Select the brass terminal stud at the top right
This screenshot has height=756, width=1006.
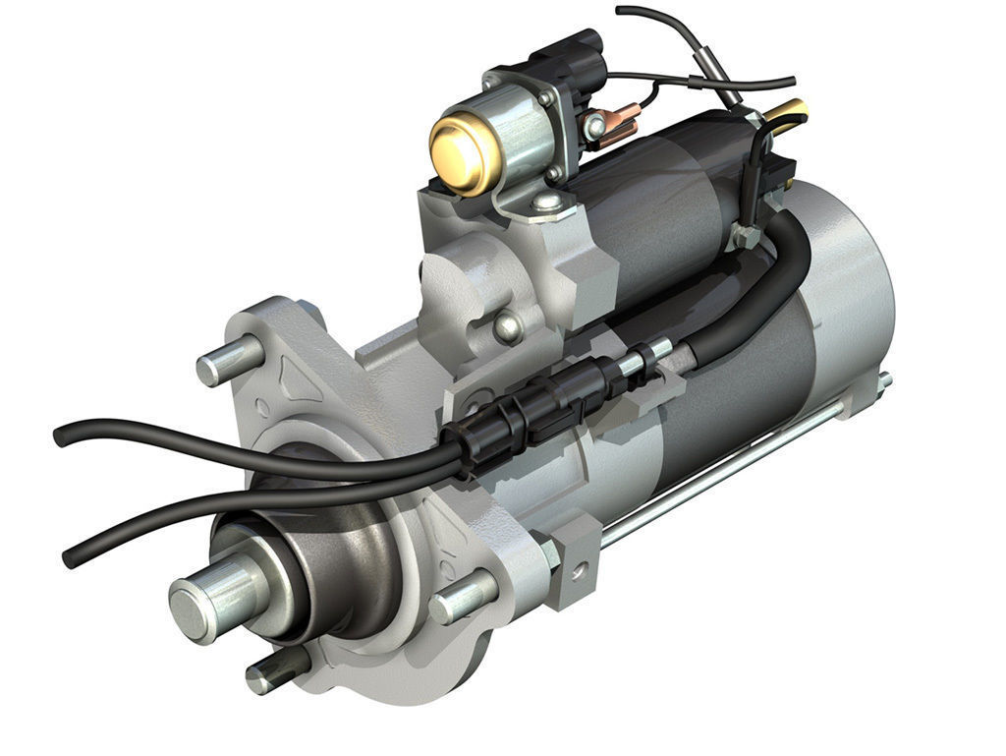pos(792,112)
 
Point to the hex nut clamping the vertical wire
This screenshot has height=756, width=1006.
pos(744,237)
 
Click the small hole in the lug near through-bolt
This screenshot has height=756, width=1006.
pos(580,567)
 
